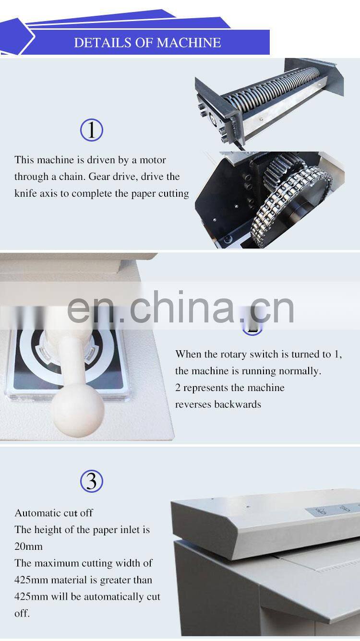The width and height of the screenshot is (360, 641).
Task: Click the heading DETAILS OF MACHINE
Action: coord(147,43)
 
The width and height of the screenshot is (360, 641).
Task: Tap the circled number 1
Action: coord(91,130)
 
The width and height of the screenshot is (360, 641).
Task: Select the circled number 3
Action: coord(91,481)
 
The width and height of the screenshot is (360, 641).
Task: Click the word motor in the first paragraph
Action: coord(153,160)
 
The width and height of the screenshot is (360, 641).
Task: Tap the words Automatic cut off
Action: coord(54,513)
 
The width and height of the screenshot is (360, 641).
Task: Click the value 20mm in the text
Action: coord(28,546)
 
